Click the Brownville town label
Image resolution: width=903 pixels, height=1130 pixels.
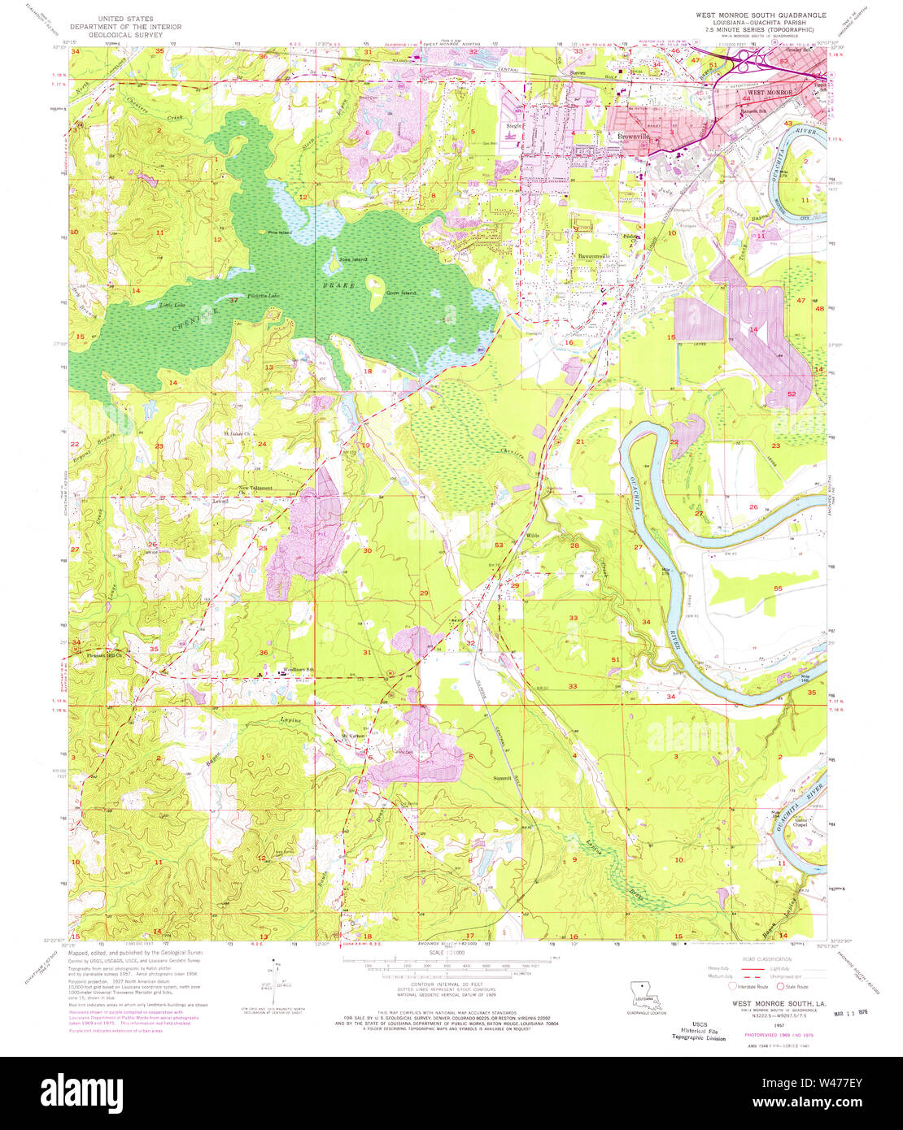pyautogui.click(x=633, y=137)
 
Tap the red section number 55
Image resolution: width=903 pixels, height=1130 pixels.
pyautogui.click(x=778, y=588)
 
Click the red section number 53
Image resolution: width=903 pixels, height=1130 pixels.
pyautogui.click(x=499, y=545)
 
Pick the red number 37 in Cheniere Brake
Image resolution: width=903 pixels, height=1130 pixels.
pyautogui.click(x=233, y=300)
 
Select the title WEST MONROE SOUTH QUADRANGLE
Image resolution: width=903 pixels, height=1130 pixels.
pyautogui.click(x=760, y=15)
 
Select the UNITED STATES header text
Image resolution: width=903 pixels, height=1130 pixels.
pyautogui.click(x=125, y=17)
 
